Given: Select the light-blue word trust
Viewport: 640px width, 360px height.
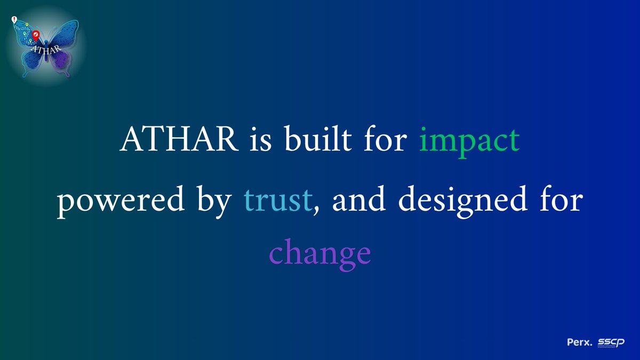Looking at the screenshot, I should click(x=277, y=201).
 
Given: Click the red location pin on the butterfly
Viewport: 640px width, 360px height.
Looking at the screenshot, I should click(x=36, y=36).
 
